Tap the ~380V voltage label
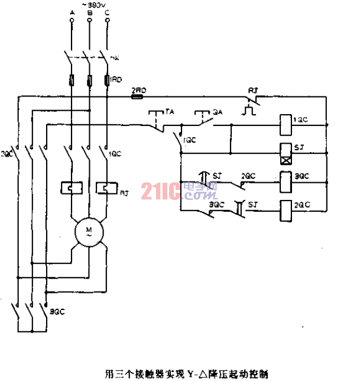[x=89, y=4]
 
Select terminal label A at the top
[x=72, y=12]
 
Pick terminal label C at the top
[x=106, y=12]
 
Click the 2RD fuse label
[x=138, y=89]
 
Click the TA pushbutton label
[x=170, y=111]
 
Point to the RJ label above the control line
[x=252, y=89]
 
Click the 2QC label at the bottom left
[x=57, y=310]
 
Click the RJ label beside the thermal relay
[x=124, y=193]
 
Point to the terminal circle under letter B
[x=89, y=20]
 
